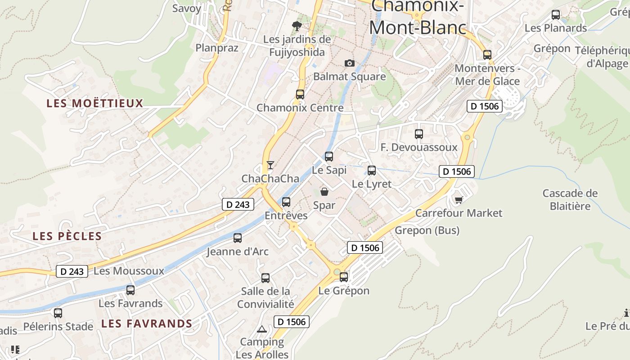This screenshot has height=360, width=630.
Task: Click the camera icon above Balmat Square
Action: coord(349,63)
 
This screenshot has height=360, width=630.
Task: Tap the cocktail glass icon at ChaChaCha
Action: coord(270,165)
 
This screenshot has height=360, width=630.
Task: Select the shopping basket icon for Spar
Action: coord(324,192)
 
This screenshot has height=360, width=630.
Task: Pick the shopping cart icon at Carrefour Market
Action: coord(459,200)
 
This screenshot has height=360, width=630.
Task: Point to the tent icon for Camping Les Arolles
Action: coord(262,329)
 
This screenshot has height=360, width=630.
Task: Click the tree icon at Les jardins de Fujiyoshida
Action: coord(297,26)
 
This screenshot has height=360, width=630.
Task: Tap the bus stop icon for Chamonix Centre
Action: coord(300,94)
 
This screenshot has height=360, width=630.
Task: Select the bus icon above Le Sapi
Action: coord(329,157)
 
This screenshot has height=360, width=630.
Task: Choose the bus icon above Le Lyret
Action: coord(372,171)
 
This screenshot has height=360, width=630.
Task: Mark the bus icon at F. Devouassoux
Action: coord(419,134)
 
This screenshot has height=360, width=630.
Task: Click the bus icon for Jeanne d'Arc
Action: coord(238,238)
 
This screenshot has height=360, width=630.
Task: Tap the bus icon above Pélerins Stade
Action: coord(58,313)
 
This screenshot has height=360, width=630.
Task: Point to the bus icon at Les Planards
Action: coord(556,15)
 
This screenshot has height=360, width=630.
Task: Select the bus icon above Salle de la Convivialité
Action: coord(265,278)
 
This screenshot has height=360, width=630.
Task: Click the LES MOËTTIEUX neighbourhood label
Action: coord(94,103)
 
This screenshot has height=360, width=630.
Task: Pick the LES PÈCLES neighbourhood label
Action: coord(67,236)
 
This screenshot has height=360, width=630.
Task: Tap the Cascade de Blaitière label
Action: coord(570,200)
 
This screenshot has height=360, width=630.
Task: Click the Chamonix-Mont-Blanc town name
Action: coord(417,18)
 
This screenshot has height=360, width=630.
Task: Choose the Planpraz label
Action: coord(217,47)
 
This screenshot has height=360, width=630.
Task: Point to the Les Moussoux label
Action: coord(129,271)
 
